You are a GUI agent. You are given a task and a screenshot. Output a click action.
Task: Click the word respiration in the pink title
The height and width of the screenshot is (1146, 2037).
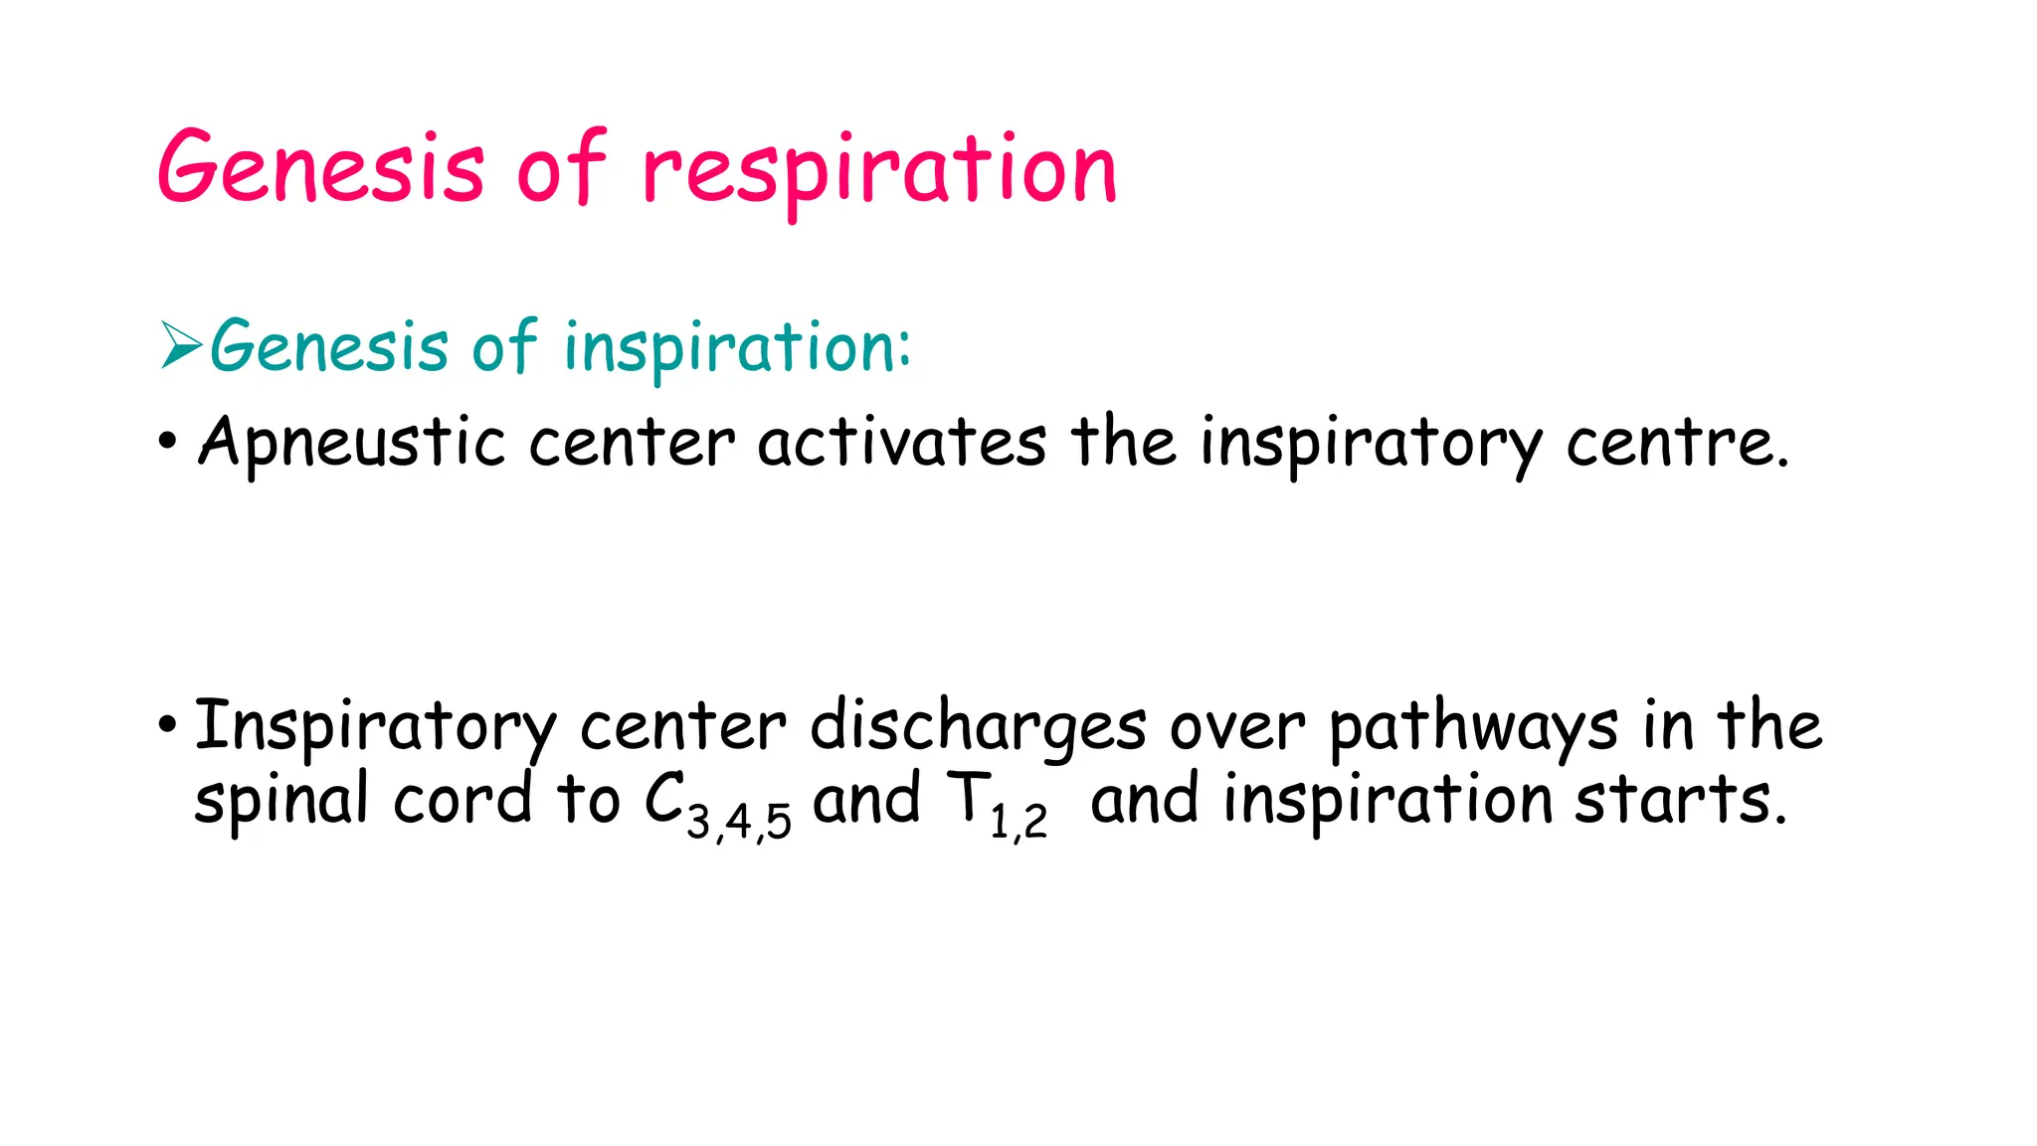tap(880, 171)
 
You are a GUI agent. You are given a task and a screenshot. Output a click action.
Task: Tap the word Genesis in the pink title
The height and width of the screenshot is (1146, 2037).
tap(321, 167)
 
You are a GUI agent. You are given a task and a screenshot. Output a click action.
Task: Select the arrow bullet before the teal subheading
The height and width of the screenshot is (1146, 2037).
tap(181, 346)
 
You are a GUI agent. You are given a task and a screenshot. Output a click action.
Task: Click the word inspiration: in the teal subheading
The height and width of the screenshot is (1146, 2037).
tap(737, 347)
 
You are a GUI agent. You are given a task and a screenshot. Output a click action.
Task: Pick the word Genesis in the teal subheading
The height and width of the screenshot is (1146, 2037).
tap(329, 347)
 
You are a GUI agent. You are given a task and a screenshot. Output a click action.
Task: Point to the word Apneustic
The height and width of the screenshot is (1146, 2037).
tap(351, 442)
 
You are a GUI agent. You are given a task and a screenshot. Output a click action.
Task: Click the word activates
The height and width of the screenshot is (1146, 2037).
tap(901, 442)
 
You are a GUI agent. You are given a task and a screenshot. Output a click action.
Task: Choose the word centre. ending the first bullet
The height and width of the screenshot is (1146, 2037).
tap(1677, 442)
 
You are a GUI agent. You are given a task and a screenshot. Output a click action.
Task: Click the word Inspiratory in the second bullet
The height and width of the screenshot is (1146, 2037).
tap(374, 726)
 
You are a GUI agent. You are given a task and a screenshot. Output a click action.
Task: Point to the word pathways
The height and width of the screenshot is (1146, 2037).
tap(1473, 726)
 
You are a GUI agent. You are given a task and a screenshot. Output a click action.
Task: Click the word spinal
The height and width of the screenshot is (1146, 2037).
tap(281, 800)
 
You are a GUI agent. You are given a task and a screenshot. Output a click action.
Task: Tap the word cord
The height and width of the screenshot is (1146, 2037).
tap(463, 800)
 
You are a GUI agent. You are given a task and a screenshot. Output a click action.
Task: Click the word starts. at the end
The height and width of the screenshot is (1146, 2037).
tap(1681, 800)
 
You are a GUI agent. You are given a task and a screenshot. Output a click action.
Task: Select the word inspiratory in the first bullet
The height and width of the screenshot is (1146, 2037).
tap(1371, 442)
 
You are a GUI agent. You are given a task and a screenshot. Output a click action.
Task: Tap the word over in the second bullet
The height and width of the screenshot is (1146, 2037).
tap(1236, 726)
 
